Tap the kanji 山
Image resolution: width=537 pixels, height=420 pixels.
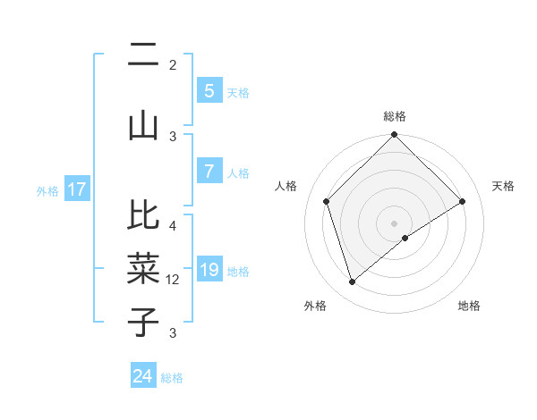(x=143, y=126)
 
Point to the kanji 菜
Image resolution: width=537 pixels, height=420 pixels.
(x=143, y=267)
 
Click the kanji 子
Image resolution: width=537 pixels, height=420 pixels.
(x=143, y=321)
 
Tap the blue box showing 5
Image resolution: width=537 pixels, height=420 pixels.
(x=209, y=90)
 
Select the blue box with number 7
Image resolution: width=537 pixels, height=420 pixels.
(x=209, y=171)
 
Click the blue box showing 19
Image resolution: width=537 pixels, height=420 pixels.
(x=209, y=269)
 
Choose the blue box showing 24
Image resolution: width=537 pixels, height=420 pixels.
(x=143, y=376)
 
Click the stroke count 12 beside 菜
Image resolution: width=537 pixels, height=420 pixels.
(x=173, y=280)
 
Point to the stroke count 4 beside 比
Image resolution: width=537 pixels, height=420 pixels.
(x=173, y=225)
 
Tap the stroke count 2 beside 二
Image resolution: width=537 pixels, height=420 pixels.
(x=173, y=65)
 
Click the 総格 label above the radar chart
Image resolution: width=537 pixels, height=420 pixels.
(x=394, y=116)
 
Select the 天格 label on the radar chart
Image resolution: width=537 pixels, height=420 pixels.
(x=504, y=186)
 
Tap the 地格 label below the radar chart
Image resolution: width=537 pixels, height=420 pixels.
(x=469, y=306)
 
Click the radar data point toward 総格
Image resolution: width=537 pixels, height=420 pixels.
(x=394, y=136)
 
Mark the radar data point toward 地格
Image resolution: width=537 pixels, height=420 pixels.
(x=405, y=238)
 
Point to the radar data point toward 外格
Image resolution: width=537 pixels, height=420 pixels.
(x=352, y=281)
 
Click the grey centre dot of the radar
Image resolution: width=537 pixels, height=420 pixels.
(x=394, y=223)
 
